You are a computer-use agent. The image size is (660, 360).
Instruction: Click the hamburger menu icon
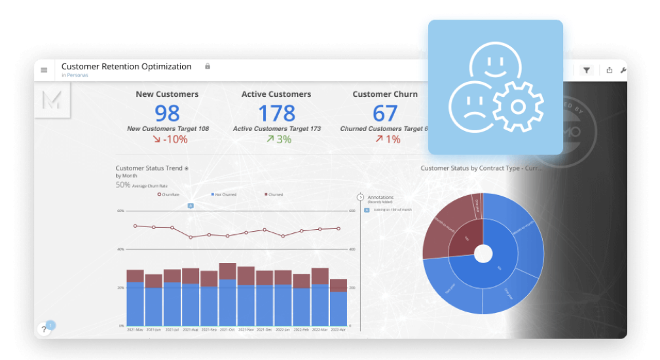pos(44,70)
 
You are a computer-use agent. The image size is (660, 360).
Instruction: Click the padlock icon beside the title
pos(208,66)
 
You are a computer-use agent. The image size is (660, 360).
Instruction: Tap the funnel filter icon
pos(587,70)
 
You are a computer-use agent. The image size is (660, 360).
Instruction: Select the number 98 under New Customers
pos(167,114)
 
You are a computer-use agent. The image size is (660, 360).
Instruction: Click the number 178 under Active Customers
pos(276,114)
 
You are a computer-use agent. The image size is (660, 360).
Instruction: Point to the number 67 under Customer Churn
pos(385,114)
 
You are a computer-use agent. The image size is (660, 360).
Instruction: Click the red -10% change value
pos(170,139)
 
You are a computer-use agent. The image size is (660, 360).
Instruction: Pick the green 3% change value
pos(278,139)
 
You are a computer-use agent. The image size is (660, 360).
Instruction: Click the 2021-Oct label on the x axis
pos(227,330)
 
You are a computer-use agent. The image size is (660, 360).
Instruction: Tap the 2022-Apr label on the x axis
pos(339,330)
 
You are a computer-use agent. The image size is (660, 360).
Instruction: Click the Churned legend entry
pos(274,194)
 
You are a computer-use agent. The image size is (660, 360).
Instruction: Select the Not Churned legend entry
pos(224,194)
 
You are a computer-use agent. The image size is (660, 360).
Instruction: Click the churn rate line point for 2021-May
pos(135,226)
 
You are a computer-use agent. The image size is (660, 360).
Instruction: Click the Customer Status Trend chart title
pos(149,168)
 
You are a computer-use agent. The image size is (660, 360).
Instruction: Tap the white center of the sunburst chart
pos(483,253)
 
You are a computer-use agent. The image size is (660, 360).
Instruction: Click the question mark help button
pos(44,330)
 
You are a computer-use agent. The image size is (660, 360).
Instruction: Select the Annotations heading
pos(380,197)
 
